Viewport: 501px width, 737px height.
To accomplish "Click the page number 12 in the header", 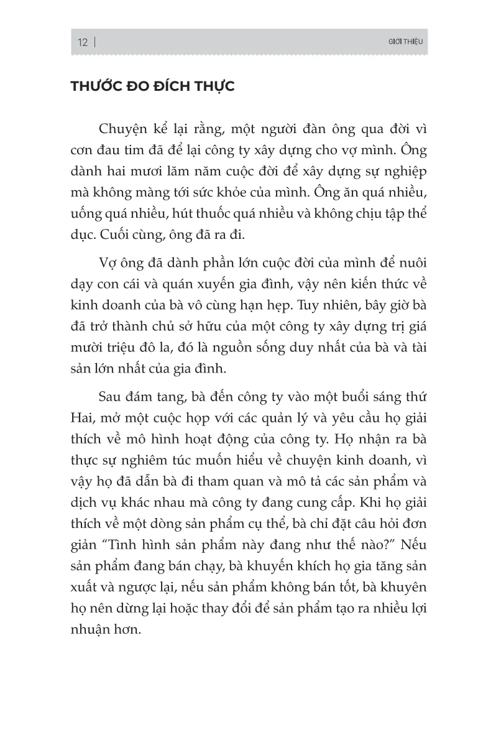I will (x=83, y=42).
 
